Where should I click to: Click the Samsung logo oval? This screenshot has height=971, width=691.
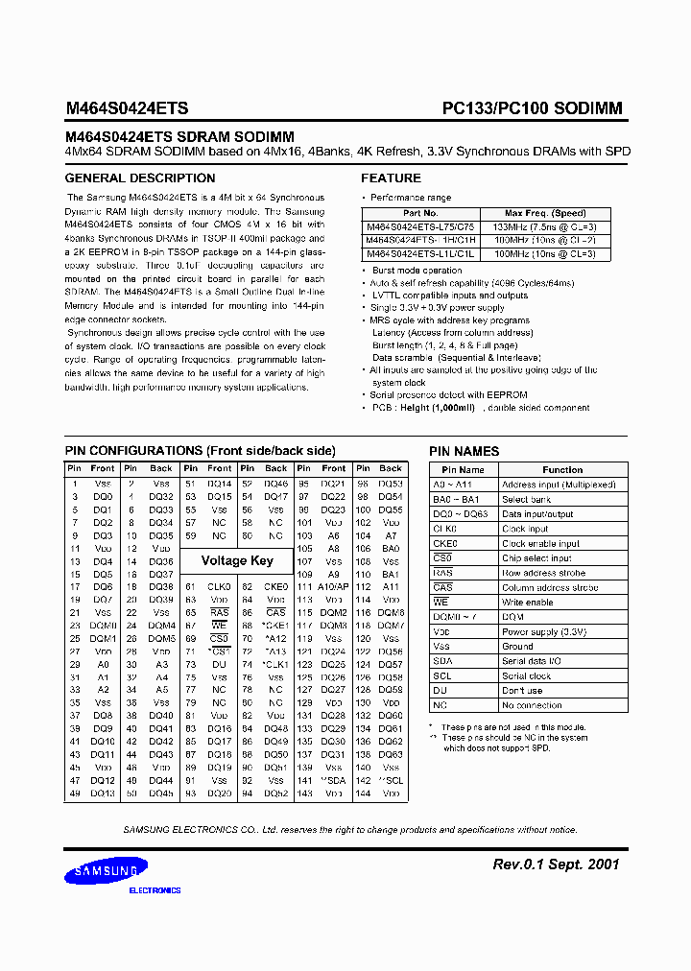[x=107, y=872]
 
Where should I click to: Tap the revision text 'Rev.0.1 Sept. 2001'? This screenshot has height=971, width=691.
[x=556, y=864]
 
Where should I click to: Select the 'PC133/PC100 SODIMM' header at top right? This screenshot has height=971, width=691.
[x=532, y=109]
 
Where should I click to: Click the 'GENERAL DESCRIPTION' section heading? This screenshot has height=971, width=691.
[x=140, y=178]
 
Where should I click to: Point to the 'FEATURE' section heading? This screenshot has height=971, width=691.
[x=391, y=178]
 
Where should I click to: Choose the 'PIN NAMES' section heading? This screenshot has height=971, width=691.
[x=464, y=451]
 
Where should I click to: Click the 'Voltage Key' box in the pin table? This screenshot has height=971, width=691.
[x=237, y=560]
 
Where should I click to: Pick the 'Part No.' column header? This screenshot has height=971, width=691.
[x=420, y=213]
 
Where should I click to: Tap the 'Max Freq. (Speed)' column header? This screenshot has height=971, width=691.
[x=545, y=213]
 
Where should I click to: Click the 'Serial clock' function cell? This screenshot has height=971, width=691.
[x=527, y=675]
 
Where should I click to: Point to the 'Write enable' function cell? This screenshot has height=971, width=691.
[x=528, y=602]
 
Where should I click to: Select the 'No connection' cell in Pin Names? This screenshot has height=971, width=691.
[x=534, y=705]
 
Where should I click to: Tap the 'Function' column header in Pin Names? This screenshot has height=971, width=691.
[x=561, y=470]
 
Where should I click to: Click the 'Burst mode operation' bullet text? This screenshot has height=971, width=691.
[x=417, y=271]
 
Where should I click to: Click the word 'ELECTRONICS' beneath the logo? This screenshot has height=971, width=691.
[x=155, y=890]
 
